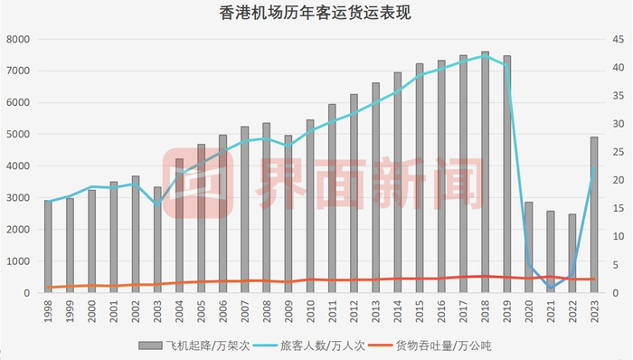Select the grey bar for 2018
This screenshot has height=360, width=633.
[486, 172]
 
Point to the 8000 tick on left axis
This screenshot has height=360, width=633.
[19, 40]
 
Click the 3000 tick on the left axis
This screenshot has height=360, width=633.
[19, 198]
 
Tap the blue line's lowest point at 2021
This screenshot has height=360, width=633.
[551, 288]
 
